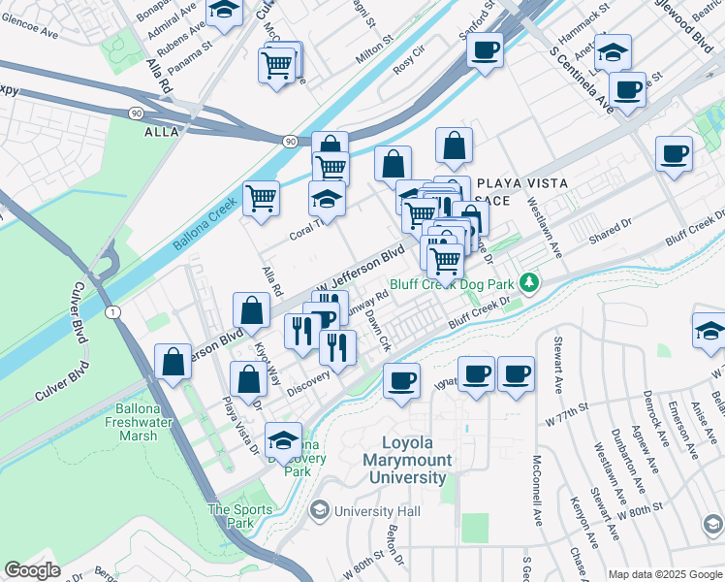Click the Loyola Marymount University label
(x=405, y=462)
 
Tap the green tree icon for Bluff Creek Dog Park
(x=528, y=283)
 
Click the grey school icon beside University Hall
(x=318, y=510)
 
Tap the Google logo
(x=33, y=570)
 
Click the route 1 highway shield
(x=113, y=310)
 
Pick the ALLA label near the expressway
(x=163, y=131)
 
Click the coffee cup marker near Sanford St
(x=484, y=49)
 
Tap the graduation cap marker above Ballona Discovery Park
(x=283, y=440)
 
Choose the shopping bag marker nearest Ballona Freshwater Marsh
(x=173, y=363)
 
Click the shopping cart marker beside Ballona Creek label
(x=261, y=198)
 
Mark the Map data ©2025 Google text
(x=664, y=573)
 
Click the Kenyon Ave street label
(x=582, y=515)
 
